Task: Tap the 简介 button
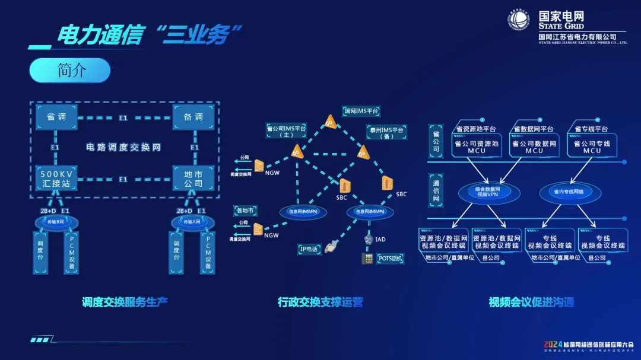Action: (x=70, y=70)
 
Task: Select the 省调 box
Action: (x=56, y=117)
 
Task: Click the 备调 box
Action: (x=193, y=117)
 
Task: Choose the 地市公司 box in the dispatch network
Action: (x=193, y=179)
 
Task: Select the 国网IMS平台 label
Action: (x=361, y=111)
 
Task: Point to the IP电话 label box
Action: (x=309, y=250)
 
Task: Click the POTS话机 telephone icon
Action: (x=367, y=259)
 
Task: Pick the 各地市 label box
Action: (x=245, y=210)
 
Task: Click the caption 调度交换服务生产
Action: (x=125, y=302)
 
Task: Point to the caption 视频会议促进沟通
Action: (x=531, y=302)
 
